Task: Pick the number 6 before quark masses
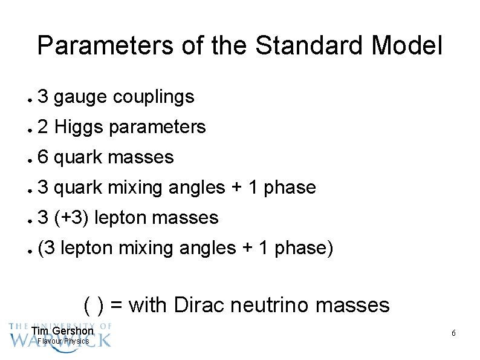(43, 157)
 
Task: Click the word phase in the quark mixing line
(290, 188)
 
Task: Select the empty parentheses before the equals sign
(94, 305)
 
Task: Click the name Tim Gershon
(63, 331)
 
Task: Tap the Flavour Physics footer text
(63, 341)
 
